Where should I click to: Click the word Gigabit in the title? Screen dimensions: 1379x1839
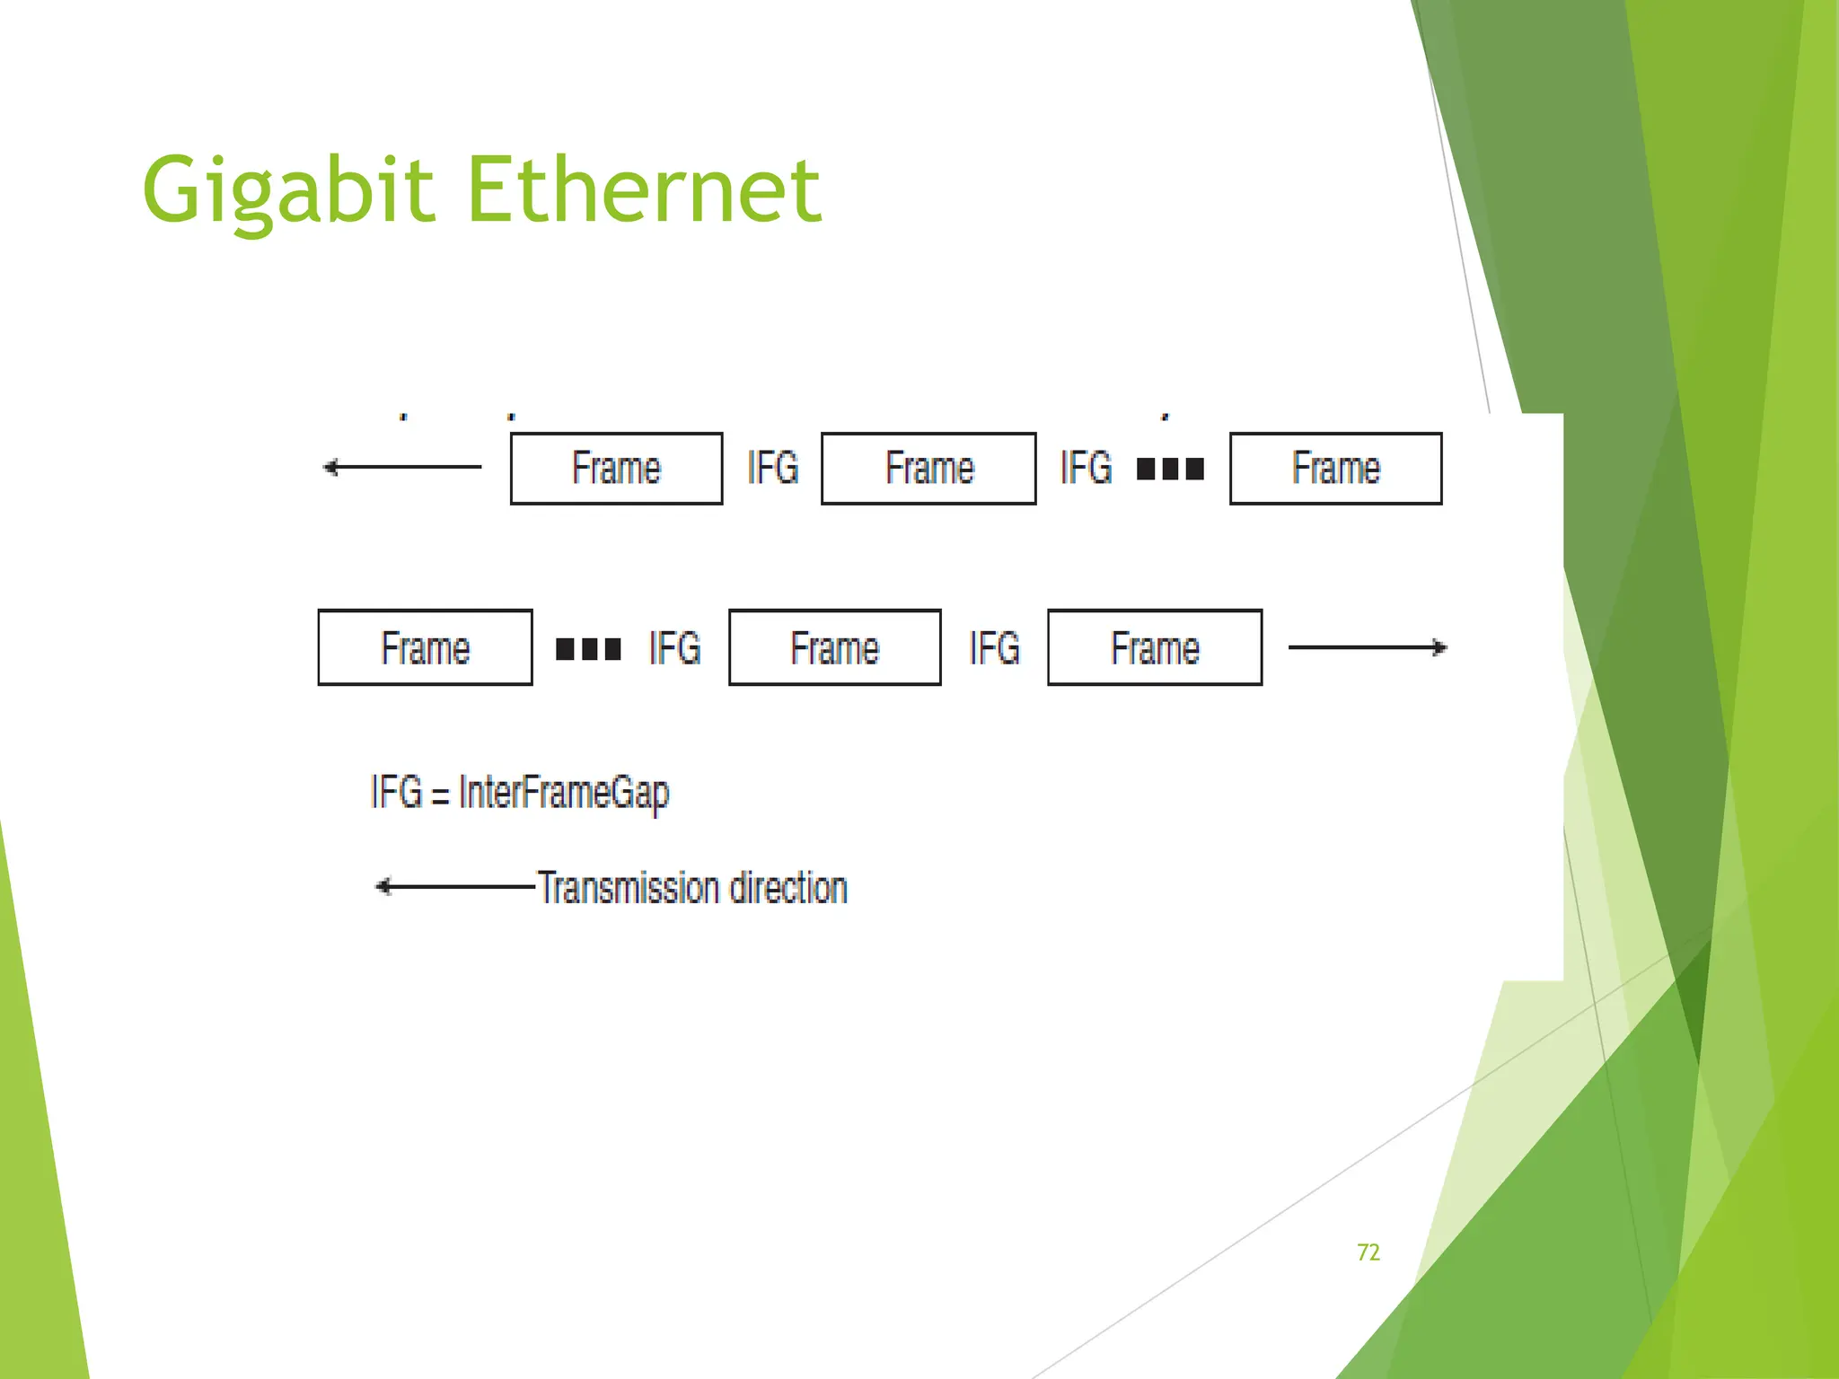pos(288,190)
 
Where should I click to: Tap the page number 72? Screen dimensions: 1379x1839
pos(1368,1252)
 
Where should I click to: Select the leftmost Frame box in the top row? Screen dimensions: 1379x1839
pos(616,469)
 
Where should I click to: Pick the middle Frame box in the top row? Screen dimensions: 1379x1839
pos(928,469)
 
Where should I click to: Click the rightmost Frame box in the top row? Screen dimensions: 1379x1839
pos(1335,469)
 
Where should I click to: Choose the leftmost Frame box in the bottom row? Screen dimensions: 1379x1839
pos(425,648)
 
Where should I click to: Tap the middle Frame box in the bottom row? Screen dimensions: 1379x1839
pos(834,648)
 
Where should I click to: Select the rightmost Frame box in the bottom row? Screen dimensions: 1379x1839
pos(1155,648)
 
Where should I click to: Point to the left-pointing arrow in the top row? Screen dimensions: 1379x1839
pos(401,467)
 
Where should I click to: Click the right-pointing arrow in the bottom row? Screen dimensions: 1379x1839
pos(1367,647)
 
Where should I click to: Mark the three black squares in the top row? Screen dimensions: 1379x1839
pos(1170,469)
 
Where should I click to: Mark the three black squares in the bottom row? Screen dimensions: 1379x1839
pos(588,648)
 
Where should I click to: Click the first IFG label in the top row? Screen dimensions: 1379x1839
pos(772,468)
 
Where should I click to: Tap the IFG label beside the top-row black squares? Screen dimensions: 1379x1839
pos(1086,468)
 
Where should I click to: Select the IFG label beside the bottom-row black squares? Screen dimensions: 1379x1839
pos(674,648)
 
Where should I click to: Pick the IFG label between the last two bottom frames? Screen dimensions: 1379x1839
pos(994,648)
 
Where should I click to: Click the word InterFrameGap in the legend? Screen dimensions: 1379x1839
pos(564,793)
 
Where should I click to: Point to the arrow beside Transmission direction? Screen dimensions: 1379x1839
pos(454,887)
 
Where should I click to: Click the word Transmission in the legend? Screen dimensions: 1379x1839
pos(627,888)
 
